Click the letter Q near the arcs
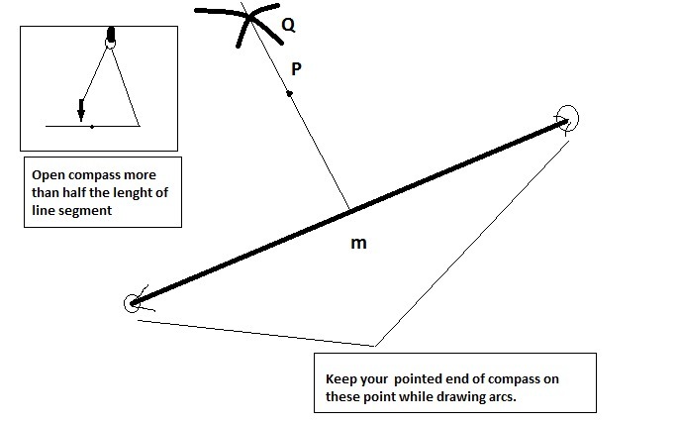[x=288, y=27]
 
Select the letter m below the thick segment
[x=360, y=243]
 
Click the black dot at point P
[x=289, y=94]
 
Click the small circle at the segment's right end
[x=567, y=119]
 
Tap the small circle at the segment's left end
[x=132, y=303]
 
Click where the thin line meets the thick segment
[x=349, y=208]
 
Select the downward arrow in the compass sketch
[x=81, y=110]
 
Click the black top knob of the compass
[x=110, y=37]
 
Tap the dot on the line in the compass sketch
[x=91, y=127]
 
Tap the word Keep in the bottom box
[x=342, y=379]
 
